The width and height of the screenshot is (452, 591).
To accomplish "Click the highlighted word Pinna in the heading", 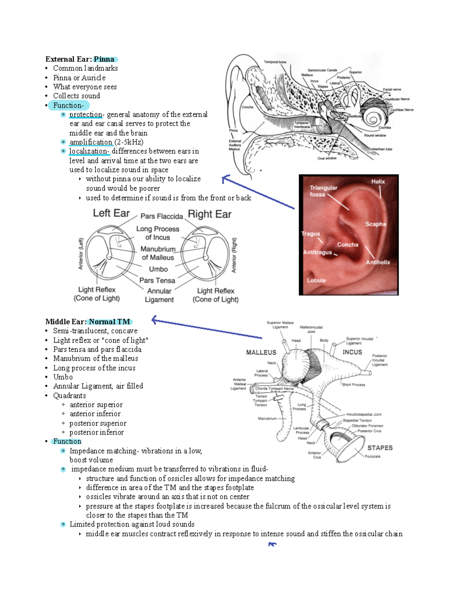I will tap(104, 59).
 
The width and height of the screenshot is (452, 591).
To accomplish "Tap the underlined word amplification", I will tap(91, 142).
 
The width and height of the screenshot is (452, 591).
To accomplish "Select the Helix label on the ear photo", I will tap(378, 181).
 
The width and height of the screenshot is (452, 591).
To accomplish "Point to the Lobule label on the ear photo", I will tap(316, 280).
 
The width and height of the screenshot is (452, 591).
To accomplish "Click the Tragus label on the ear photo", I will tap(310, 234).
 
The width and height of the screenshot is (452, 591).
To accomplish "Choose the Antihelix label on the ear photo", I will tap(378, 262).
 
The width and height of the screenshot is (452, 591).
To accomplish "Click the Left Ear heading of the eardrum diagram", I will tap(111, 213).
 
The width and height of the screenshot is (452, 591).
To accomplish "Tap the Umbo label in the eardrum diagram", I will tap(158, 269).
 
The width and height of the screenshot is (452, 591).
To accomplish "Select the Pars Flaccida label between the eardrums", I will tap(162, 216).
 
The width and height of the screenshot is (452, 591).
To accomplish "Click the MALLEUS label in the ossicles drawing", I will tap(261, 352).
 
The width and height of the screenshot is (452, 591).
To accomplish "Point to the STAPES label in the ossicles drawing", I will tap(380, 448).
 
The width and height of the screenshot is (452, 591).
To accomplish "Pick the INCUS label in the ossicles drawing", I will tap(352, 352).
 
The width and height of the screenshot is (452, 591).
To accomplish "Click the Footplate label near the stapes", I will tap(373, 456).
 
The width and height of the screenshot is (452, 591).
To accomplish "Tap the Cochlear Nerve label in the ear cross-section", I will tap(402, 110).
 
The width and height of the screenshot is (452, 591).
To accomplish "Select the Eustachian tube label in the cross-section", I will tap(380, 149).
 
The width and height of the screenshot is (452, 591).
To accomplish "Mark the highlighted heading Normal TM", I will tap(110, 321).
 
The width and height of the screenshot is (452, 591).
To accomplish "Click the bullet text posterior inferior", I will tap(96, 432).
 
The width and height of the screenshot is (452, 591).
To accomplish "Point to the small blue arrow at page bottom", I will tap(272, 544).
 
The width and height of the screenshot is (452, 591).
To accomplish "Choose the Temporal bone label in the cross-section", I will tap(275, 62).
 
